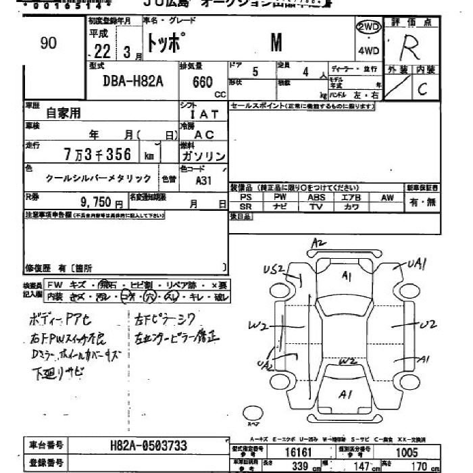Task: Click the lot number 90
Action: click(49, 43)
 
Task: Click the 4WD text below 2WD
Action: click(369, 51)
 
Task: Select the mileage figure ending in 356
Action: click(99, 154)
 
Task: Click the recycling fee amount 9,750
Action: click(101, 201)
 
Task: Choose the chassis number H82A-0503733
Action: click(148, 446)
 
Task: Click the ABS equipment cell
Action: click(316, 197)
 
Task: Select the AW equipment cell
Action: click(387, 197)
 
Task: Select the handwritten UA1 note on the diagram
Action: click(417, 265)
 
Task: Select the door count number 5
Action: click(254, 70)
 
